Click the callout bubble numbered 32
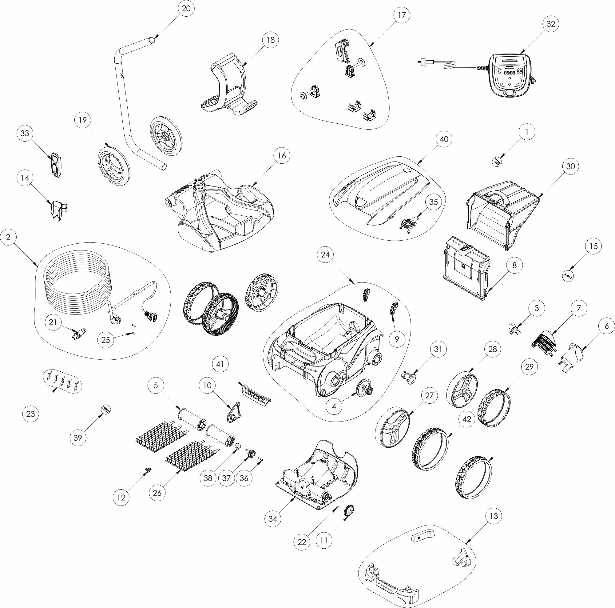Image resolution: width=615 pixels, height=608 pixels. [551, 24]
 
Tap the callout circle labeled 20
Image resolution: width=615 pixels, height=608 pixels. [186, 8]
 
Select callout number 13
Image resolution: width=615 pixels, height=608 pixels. [494, 516]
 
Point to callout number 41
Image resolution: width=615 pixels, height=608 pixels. [220, 364]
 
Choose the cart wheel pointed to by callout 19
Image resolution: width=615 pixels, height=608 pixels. [114, 166]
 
